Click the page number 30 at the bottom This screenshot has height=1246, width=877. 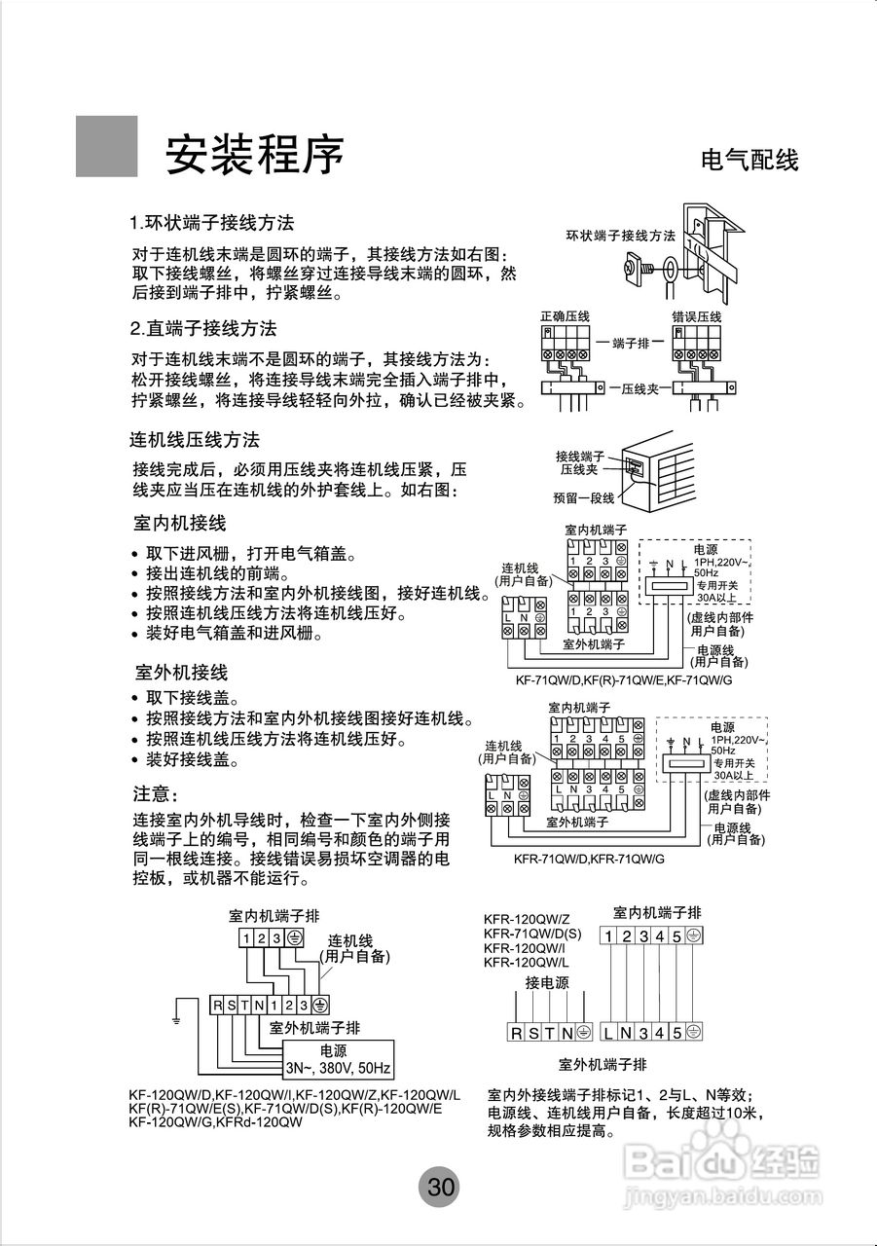440,1187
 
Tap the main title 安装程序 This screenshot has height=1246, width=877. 255,153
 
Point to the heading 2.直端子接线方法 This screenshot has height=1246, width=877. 203,328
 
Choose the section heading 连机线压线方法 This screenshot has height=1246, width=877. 195,440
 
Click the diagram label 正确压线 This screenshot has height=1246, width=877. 566,317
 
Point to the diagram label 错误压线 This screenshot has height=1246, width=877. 696,317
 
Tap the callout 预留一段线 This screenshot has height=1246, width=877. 584,497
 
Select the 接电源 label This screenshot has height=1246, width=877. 547,983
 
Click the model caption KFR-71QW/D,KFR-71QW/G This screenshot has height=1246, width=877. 589,860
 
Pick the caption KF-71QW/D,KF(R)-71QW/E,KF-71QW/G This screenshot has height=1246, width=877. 624,681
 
